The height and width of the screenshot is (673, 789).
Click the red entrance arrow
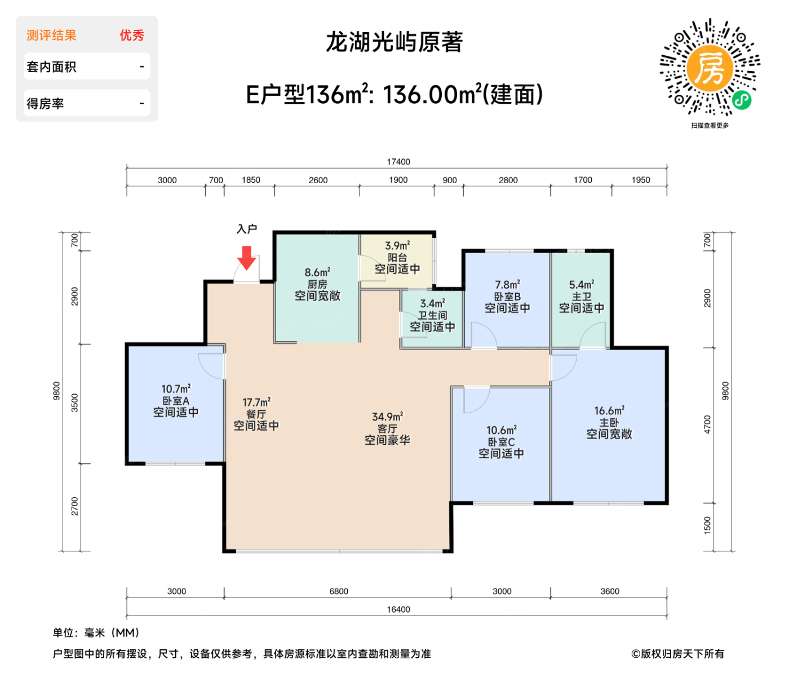(246, 258)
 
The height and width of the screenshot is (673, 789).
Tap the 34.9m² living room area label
(387, 417)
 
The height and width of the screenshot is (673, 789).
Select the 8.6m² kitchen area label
(317, 273)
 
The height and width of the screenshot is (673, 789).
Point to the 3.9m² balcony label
(397, 246)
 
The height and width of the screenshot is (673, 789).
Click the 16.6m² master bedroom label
(609, 411)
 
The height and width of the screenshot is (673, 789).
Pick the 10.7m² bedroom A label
(176, 389)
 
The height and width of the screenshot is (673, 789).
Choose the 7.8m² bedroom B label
(507, 285)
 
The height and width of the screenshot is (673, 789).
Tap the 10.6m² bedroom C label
(501, 431)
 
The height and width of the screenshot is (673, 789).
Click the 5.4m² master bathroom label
(581, 285)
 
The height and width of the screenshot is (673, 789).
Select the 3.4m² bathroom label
(432, 304)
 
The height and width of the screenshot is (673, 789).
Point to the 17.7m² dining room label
(256, 402)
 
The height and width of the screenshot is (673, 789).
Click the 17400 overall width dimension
(398, 162)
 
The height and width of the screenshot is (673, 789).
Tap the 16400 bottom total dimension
(398, 609)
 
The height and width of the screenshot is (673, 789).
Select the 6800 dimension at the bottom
(339, 591)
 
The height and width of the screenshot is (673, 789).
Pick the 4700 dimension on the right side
(707, 424)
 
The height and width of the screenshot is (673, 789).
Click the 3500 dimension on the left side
(75, 402)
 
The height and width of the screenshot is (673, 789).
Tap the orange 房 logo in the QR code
(710, 68)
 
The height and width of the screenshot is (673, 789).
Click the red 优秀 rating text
(132, 36)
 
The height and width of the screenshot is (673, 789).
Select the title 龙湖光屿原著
(394, 42)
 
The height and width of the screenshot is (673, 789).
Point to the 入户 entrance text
(247, 229)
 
